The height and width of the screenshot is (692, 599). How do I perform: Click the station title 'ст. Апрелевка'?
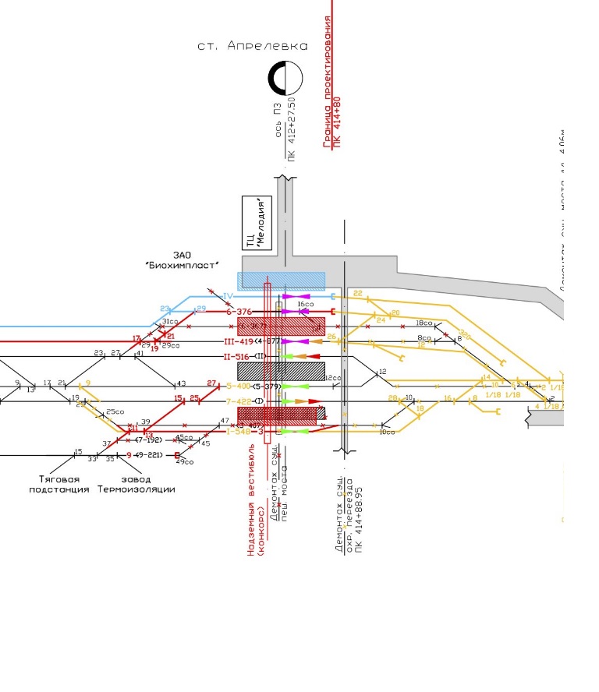click(252, 46)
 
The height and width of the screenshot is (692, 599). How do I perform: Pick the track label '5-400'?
click(238, 386)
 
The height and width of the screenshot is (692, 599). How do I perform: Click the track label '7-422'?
click(239, 401)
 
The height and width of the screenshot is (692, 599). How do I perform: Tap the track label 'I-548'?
click(238, 431)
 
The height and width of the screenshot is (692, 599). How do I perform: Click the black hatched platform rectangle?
click(280, 371)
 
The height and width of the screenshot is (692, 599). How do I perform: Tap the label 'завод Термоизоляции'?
click(136, 484)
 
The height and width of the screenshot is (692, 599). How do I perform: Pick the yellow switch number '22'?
click(358, 293)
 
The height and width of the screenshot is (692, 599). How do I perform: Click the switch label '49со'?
click(185, 462)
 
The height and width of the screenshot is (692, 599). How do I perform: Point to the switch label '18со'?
click(424, 322)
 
